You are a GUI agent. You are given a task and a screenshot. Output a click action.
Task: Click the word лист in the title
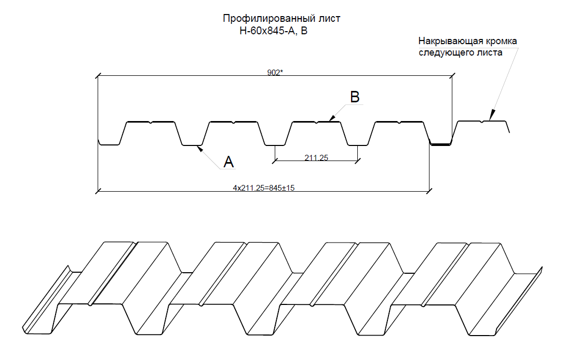(x=329, y=18)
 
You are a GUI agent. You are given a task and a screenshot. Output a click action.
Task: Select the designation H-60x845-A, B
(x=273, y=31)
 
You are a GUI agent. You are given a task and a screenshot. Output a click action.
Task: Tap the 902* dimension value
(x=275, y=73)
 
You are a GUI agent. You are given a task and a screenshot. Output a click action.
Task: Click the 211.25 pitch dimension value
(x=316, y=157)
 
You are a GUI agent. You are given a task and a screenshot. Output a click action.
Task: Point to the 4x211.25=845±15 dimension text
(x=264, y=188)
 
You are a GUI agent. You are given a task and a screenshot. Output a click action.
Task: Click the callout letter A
(x=229, y=162)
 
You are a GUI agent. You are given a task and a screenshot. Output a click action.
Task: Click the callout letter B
(x=355, y=97)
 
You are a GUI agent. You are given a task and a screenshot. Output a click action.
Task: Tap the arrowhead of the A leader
(x=199, y=148)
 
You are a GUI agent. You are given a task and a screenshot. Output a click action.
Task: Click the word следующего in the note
(x=446, y=52)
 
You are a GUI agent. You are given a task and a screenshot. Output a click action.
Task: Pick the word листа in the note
(x=490, y=52)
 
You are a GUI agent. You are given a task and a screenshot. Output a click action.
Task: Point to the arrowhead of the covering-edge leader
(x=491, y=115)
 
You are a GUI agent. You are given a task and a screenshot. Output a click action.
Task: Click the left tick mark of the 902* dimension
(x=98, y=76)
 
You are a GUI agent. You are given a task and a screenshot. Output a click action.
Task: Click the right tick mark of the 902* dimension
(x=452, y=76)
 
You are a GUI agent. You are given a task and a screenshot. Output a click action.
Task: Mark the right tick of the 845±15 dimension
(x=429, y=191)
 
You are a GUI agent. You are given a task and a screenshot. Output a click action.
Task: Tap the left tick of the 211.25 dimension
(x=275, y=161)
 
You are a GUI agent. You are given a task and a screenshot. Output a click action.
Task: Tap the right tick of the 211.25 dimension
(x=357, y=161)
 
